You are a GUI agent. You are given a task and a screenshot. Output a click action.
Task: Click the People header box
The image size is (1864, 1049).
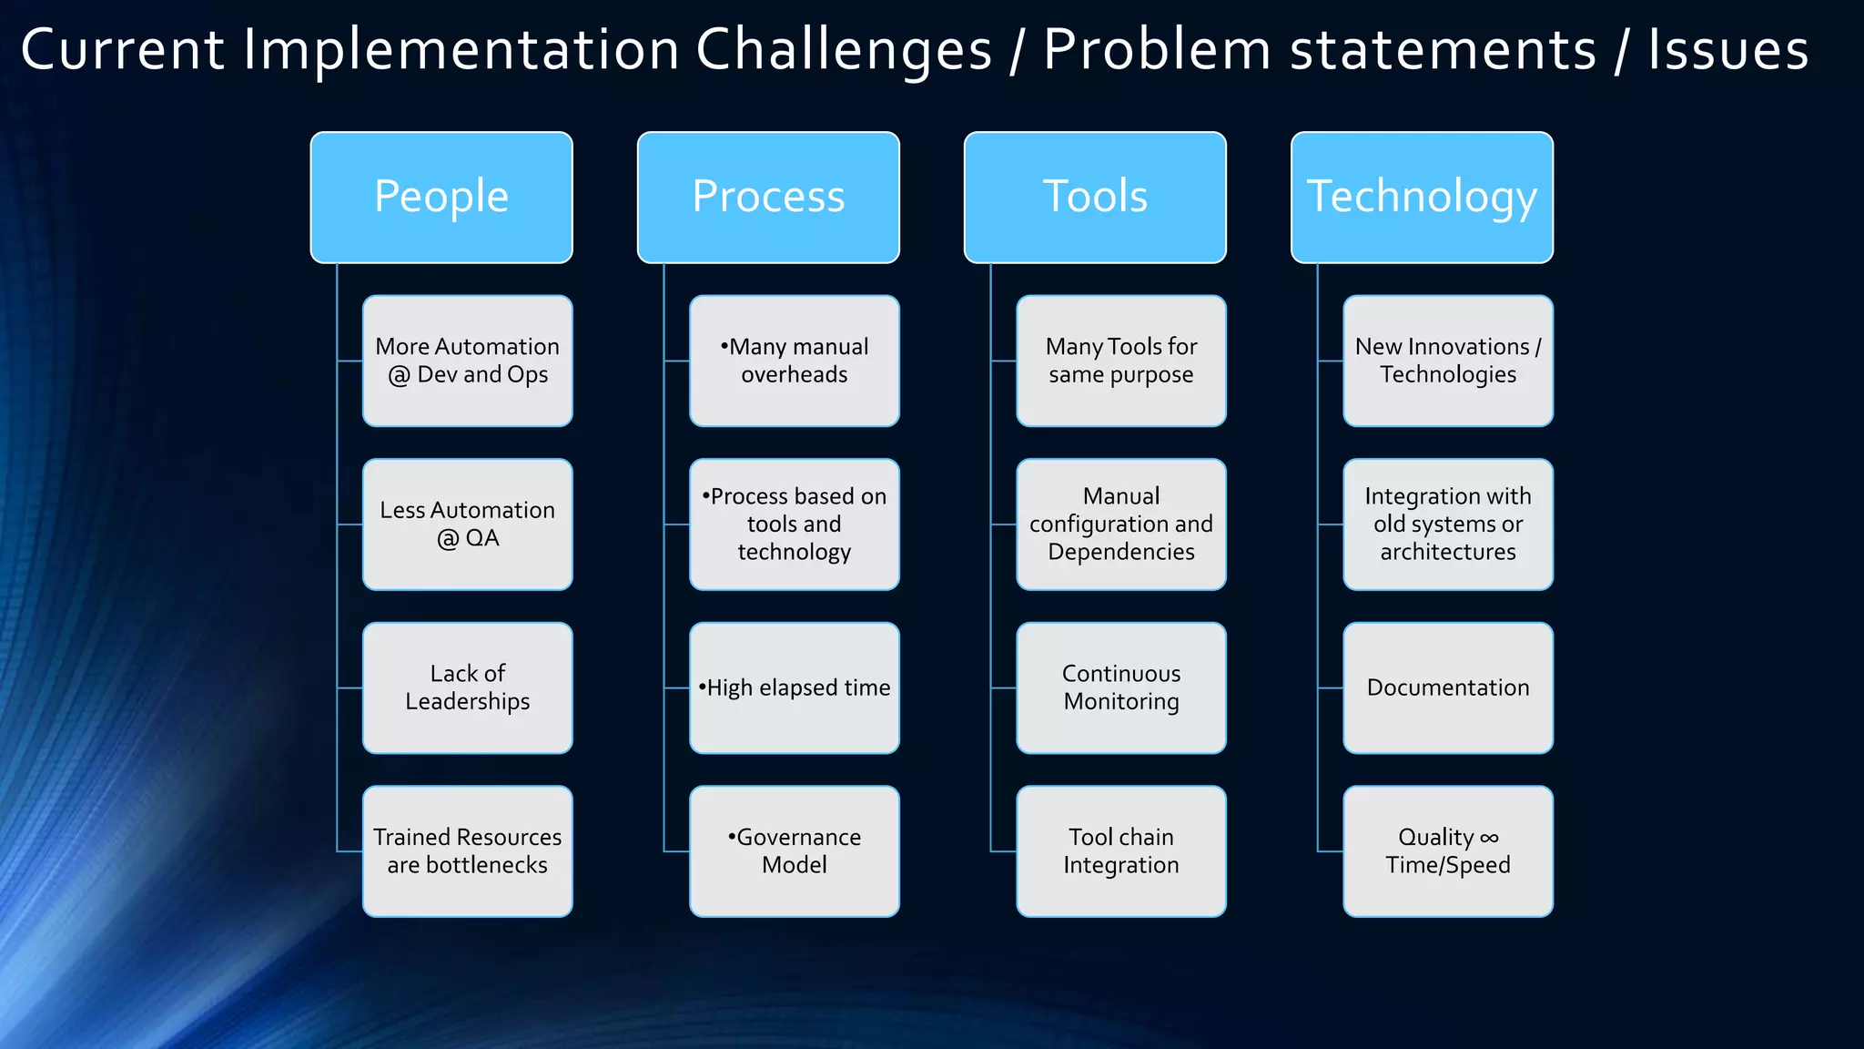tap(441, 198)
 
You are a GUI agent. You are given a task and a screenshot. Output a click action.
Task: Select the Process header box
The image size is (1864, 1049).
tap(768, 198)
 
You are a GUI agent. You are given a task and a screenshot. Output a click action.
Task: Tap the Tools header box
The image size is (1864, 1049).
tap(1095, 198)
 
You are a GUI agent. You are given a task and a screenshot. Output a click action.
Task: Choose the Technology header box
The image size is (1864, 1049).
tap(1422, 198)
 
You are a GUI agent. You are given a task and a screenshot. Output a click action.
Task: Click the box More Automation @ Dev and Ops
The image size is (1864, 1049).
tap(467, 361)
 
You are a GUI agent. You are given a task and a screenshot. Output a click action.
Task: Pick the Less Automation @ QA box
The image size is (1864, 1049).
tap(467, 524)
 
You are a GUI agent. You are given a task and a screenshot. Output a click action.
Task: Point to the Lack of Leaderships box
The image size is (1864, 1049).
tap(467, 687)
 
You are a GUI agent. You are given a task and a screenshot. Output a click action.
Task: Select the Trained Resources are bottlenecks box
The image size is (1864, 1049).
tap(467, 851)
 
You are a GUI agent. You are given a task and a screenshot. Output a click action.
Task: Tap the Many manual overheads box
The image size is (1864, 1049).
tap(794, 361)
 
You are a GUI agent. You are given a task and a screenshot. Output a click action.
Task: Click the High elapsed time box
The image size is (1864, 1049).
tap(794, 687)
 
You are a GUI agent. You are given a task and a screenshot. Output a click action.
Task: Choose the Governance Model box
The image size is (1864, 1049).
tap(794, 851)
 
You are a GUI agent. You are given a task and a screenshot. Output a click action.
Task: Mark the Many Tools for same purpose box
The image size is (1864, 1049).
tap(1120, 361)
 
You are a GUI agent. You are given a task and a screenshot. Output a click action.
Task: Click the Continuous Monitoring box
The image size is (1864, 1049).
tap(1120, 687)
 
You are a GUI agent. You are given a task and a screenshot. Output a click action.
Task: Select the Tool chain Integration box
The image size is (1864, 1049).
tap(1120, 851)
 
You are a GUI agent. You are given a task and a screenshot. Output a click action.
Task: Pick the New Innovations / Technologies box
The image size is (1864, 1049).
tap(1447, 361)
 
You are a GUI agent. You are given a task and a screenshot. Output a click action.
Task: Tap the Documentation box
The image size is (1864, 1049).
tap(1447, 687)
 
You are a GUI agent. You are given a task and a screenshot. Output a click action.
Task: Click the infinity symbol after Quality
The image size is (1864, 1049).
tap(1489, 838)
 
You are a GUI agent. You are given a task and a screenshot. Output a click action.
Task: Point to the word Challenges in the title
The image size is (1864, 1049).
tap(844, 50)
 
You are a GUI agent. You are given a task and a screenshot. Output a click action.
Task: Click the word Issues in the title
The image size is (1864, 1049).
tap(1727, 50)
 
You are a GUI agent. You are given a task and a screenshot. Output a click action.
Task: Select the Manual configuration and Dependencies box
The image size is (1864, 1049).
tap(1120, 524)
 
